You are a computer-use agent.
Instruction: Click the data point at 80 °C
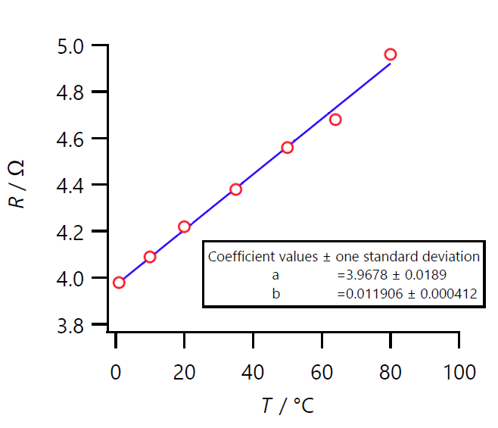point(391,55)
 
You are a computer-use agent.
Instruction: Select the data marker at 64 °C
point(335,120)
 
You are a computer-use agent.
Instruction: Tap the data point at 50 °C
point(287,147)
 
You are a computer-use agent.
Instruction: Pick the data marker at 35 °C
point(235,189)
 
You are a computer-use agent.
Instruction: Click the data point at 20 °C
point(184,226)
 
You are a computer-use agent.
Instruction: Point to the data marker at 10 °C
point(150,257)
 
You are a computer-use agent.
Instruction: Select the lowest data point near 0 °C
point(119,283)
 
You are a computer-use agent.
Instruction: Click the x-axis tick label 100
point(459,373)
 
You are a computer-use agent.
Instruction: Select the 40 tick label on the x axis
point(253,373)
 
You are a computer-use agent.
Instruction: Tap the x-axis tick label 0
point(116,373)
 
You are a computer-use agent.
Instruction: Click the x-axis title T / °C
point(288,405)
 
